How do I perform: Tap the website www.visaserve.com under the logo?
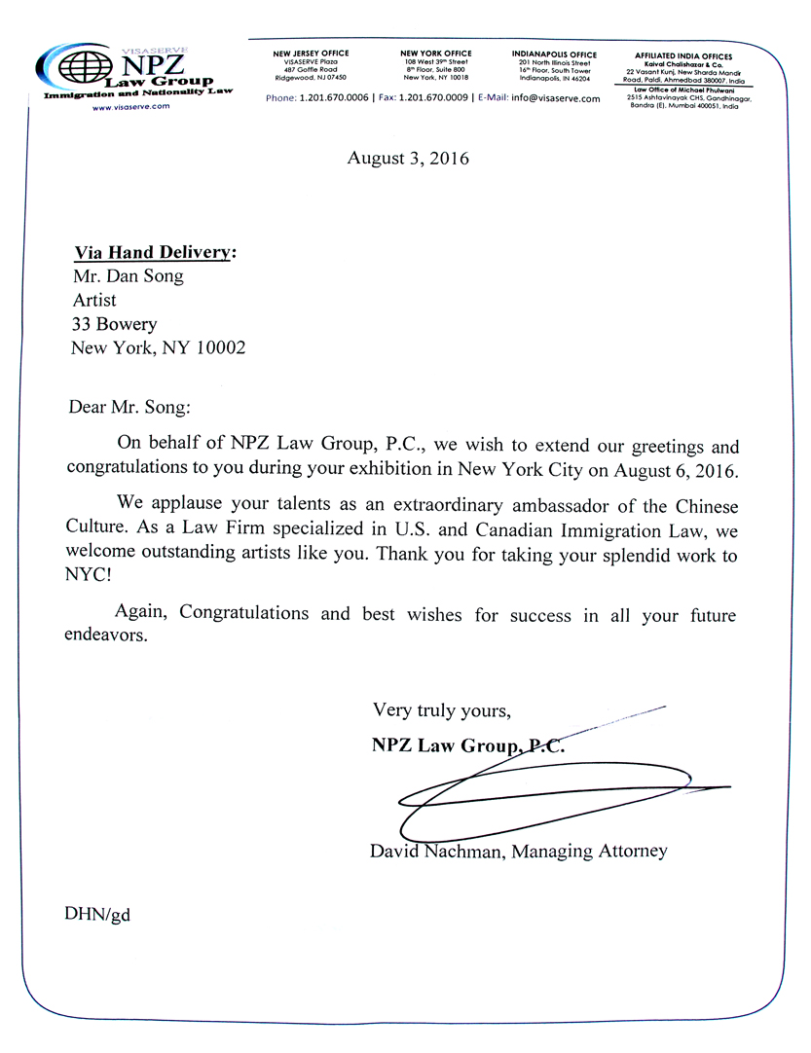[x=124, y=107]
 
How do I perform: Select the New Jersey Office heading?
[x=311, y=54]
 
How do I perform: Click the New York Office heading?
[x=435, y=54]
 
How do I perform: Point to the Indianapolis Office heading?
[x=554, y=54]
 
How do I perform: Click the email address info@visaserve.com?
[x=555, y=98]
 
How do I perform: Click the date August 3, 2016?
[x=408, y=158]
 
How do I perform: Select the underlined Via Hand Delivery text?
[x=155, y=253]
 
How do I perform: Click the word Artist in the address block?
[x=94, y=300]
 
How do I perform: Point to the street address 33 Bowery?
[x=114, y=324]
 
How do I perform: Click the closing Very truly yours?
[x=441, y=710]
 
